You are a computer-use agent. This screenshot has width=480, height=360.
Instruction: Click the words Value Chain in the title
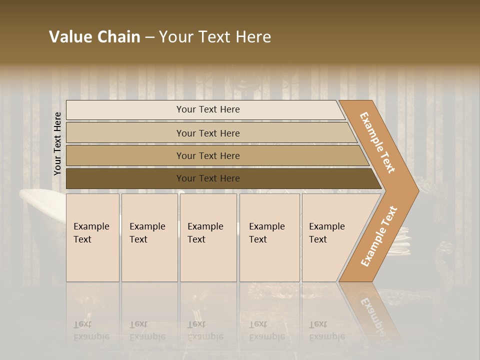(94, 37)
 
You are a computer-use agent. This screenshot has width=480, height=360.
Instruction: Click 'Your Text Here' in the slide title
(215, 37)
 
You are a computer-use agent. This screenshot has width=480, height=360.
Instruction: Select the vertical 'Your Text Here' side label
(57, 143)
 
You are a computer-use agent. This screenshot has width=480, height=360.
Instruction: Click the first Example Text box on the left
(92, 237)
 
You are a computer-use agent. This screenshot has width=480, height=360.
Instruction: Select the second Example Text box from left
(149, 237)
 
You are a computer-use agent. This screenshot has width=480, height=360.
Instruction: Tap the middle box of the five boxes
(208, 237)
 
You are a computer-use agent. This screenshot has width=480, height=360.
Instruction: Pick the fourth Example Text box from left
(269, 237)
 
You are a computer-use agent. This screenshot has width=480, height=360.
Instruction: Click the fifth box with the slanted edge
(330, 237)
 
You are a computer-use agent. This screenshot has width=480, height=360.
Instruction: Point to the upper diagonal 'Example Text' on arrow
(377, 142)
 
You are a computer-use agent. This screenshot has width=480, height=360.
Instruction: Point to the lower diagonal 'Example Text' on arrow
(379, 236)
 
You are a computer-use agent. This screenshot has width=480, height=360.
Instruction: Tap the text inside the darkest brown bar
(208, 178)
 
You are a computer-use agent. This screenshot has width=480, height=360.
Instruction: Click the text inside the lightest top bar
(208, 109)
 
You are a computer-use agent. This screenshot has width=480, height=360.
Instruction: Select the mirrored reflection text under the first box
(91, 330)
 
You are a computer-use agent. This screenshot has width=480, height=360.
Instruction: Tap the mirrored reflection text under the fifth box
(327, 330)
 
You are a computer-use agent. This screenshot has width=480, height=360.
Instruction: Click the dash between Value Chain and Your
(149, 37)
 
